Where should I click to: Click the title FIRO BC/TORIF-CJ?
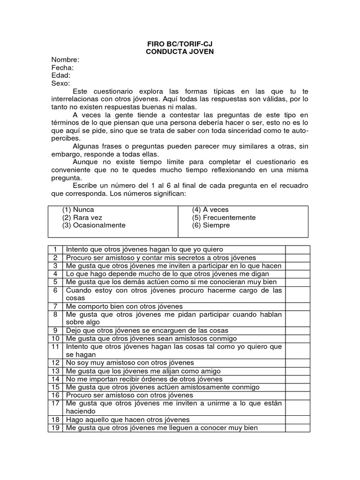[180, 44]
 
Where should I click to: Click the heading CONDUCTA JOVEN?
[180, 52]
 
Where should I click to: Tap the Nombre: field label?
[65, 60]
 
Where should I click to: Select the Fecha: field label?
[63, 67]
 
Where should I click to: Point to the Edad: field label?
[61, 75]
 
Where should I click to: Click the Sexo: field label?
[61, 83]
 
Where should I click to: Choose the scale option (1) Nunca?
[78, 210]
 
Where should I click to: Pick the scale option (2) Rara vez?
[82, 218]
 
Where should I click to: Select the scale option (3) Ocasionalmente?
[94, 225]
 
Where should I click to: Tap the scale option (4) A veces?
[210, 210]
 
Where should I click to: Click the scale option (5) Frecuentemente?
[224, 218]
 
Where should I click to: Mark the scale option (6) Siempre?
[211, 225]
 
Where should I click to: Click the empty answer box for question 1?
[298, 249]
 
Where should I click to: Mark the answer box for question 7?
[298, 306]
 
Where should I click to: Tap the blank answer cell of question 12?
[298, 363]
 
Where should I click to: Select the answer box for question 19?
[298, 428]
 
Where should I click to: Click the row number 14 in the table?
[55, 379]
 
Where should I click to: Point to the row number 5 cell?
[55, 282]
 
